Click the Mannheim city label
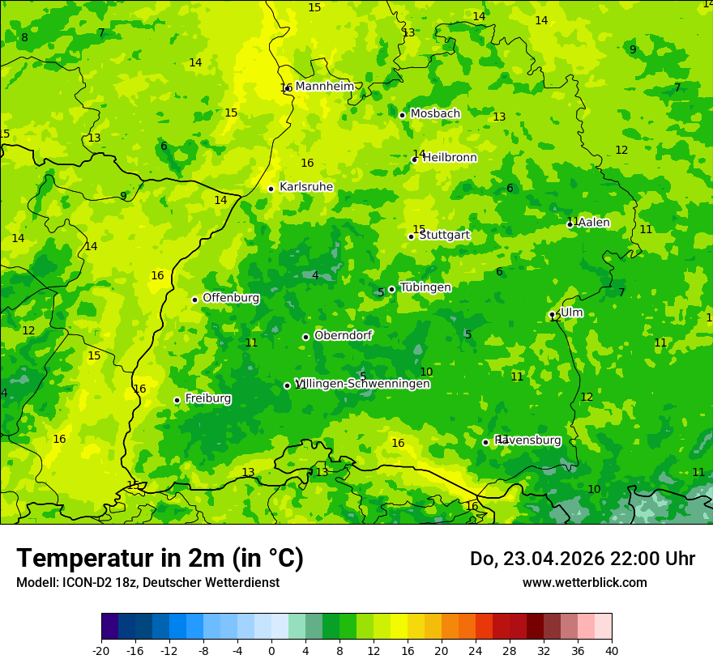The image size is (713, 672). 325,87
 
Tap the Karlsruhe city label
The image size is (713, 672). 306,187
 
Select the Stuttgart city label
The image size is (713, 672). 445,235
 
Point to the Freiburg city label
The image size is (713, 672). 208,398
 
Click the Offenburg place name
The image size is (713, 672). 231,298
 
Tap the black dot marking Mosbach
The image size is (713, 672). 402,115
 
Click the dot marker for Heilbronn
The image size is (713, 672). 414,159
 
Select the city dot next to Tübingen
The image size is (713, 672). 391,289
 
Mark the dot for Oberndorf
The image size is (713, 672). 305,337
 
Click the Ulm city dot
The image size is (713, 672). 552,314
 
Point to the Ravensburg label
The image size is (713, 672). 528,440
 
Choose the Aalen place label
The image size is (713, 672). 594,223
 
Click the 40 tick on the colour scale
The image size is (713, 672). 612,650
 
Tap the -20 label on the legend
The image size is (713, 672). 100,650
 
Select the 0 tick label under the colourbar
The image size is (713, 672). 271,650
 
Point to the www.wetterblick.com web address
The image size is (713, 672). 584,582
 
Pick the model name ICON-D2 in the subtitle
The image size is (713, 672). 88,582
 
